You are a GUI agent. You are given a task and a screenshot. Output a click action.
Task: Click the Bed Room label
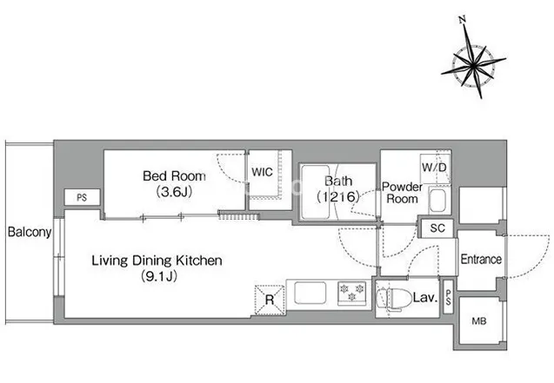(174, 176)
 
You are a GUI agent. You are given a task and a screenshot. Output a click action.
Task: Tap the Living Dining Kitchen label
(157, 261)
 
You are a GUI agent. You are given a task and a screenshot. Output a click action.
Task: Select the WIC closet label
(262, 172)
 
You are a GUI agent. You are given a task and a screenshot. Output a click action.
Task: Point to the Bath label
(338, 181)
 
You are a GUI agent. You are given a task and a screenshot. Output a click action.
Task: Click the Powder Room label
(402, 193)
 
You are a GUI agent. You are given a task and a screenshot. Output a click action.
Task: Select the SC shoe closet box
(437, 228)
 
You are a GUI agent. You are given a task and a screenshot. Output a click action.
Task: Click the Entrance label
(481, 260)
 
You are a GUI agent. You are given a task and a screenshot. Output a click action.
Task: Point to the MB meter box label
(479, 321)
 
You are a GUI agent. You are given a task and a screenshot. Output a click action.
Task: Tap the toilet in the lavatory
(389, 299)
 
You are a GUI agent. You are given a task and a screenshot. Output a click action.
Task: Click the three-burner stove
(351, 293)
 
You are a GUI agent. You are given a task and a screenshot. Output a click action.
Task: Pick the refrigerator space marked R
(270, 300)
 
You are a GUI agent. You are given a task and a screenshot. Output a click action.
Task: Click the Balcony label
(30, 232)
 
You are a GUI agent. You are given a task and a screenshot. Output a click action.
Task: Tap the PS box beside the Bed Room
(82, 197)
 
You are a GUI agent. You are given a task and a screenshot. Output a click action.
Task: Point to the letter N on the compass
(462, 20)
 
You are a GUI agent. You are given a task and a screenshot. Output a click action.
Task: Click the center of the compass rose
(473, 65)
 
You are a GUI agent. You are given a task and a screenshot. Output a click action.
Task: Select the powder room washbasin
(438, 200)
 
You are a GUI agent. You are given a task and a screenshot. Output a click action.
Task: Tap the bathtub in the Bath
(316, 192)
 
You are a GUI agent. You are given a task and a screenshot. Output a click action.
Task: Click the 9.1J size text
(159, 276)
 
